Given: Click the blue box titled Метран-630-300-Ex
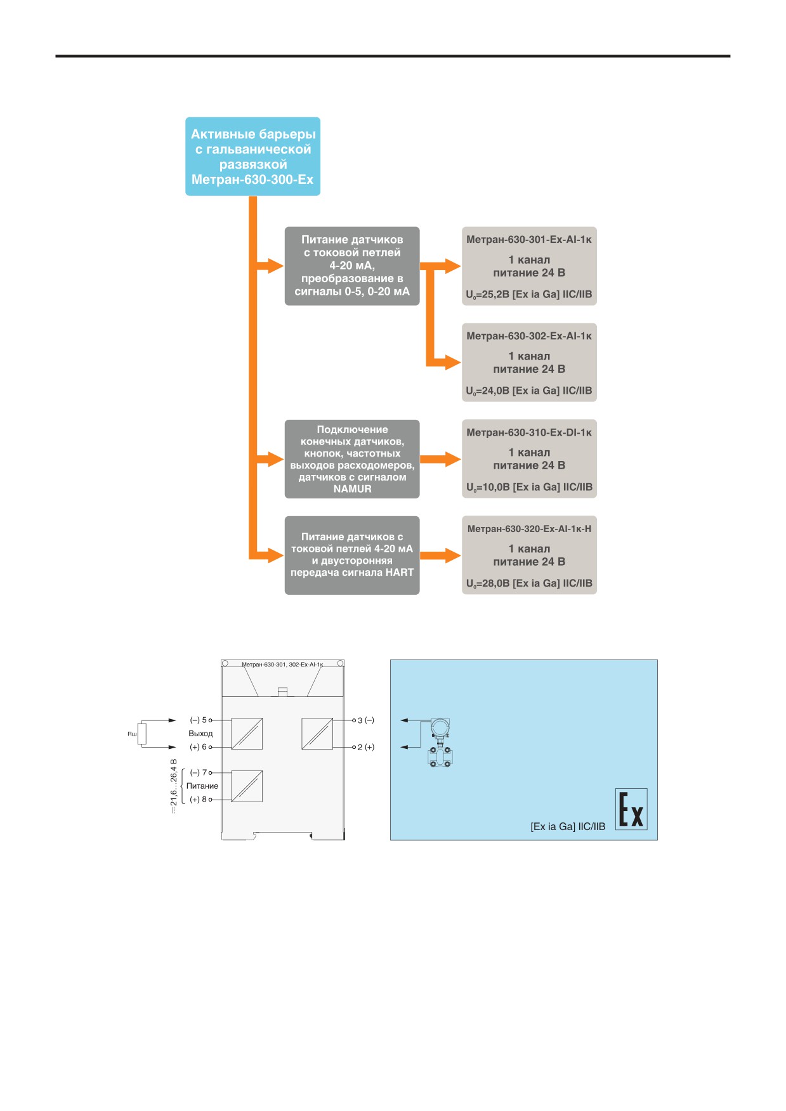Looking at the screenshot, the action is (252, 156).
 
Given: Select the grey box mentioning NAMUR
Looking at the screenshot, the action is (352, 458).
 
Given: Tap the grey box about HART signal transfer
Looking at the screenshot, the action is (352, 555).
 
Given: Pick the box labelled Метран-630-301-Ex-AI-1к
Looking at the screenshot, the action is (529, 266).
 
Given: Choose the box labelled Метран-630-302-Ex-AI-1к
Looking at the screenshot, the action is (529, 362).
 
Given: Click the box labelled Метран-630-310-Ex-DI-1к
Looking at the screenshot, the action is (529, 458).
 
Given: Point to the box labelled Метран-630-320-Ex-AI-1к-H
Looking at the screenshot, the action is (529, 555).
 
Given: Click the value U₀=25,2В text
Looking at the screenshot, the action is (488, 295).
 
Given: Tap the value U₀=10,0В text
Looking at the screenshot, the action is (488, 488).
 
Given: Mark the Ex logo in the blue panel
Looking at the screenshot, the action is (631, 809).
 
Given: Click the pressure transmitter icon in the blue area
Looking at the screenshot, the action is (440, 743).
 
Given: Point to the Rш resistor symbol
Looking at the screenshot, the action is (142, 734).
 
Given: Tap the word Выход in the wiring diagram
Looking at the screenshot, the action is (200, 734).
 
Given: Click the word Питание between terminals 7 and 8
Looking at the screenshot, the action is (202, 786).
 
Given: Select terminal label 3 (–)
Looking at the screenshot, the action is (366, 720).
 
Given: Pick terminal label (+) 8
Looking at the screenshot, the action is (199, 800).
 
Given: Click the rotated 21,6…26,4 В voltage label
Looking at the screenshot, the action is (173, 786).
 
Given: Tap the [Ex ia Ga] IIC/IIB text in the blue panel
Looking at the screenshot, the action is (568, 826).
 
